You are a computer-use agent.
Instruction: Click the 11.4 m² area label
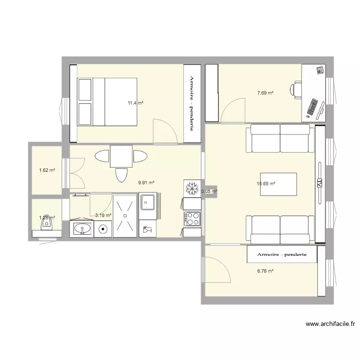[x=135, y=103]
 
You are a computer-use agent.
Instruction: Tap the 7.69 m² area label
[x=265, y=93]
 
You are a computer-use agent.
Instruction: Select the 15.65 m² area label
[x=266, y=183]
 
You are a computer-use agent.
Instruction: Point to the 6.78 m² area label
[x=265, y=271]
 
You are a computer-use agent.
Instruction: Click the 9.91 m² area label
[x=146, y=182]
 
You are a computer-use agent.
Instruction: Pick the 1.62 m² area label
[x=47, y=170]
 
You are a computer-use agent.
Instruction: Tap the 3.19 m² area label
[x=103, y=216]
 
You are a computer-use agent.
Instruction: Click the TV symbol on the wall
[x=319, y=183]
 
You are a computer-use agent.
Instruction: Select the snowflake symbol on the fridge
[x=191, y=188]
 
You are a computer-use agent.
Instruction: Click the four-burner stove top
[x=192, y=218]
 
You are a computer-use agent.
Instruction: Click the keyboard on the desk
[x=312, y=107]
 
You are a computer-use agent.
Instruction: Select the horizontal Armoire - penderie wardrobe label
[x=282, y=254]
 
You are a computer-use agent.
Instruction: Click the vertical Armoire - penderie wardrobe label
[x=192, y=103]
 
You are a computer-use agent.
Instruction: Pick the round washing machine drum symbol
[x=103, y=229]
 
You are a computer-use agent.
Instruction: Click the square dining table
[x=121, y=156]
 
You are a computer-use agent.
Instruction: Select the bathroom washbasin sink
[x=83, y=229]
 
